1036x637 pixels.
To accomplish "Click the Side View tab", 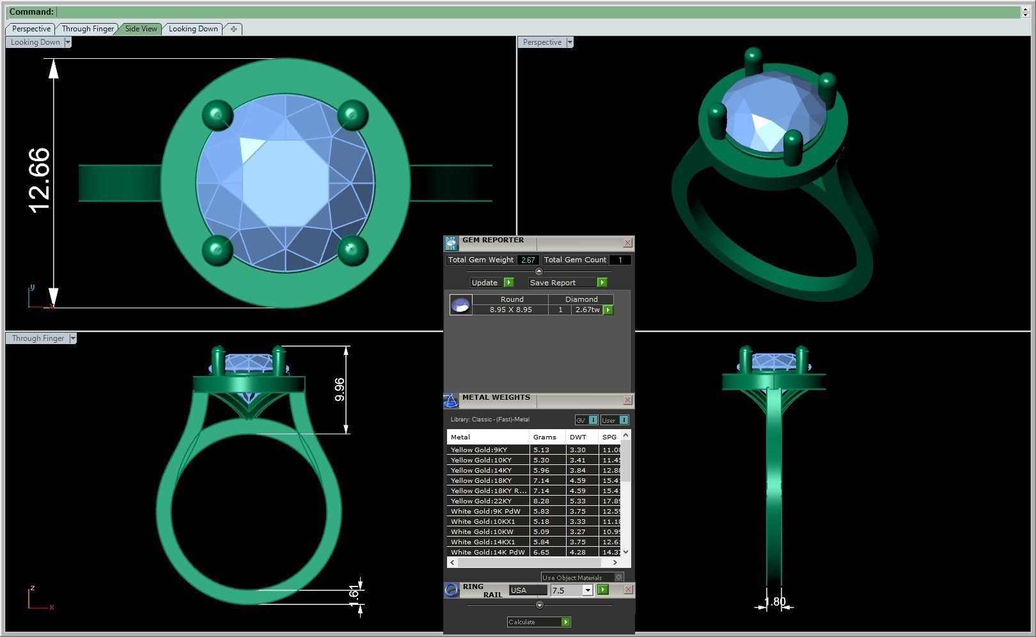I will point(141,29).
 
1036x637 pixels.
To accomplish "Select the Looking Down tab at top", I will point(192,29).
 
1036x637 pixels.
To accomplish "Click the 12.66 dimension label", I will point(40,180).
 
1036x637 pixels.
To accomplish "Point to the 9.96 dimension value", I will point(340,389).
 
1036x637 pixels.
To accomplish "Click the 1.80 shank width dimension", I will point(774,602).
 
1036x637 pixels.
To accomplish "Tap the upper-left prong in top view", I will point(217,115).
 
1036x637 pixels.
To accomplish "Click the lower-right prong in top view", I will point(352,249).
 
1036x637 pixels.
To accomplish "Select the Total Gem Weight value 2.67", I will point(528,260).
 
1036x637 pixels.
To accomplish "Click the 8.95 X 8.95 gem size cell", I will point(510,310).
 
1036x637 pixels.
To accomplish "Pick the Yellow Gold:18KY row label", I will point(481,480).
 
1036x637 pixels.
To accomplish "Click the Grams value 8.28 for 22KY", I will point(541,501).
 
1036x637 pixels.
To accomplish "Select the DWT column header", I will point(578,437).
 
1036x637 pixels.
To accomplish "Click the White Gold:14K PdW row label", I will point(487,552).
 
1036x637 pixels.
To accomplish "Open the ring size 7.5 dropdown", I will point(587,590).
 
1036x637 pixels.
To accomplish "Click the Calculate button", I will point(538,622).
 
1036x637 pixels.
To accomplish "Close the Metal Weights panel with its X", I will point(627,400).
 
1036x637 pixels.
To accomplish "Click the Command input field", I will point(537,12).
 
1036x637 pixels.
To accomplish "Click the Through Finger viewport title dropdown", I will point(73,338).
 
